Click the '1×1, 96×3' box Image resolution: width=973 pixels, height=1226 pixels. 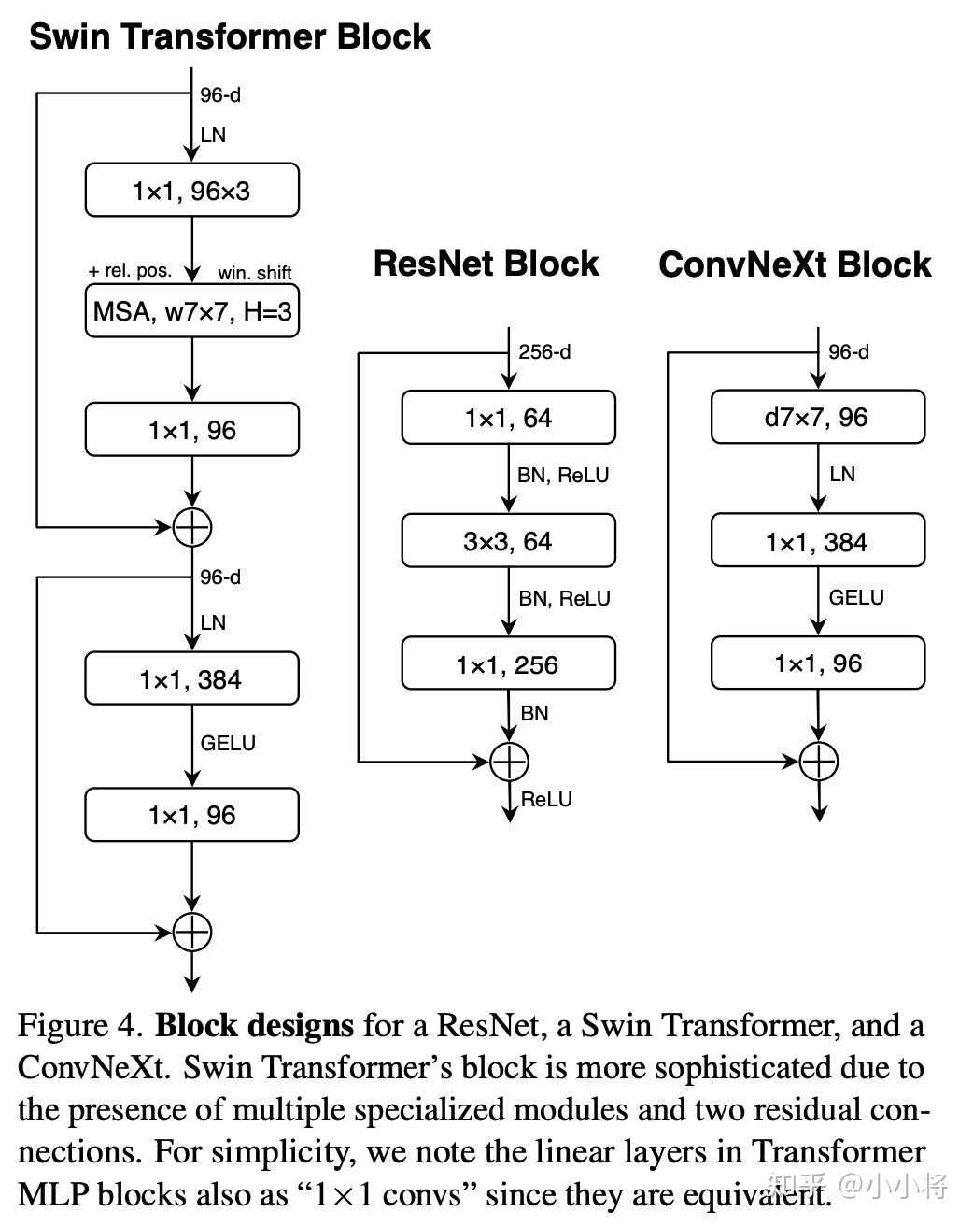tap(191, 191)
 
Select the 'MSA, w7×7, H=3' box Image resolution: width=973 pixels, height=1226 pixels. tap(191, 311)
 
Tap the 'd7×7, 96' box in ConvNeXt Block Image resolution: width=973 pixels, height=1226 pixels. tap(817, 418)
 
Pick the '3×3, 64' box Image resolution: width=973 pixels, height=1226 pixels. tap(508, 541)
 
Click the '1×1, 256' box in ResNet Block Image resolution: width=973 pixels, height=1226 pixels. tap(508, 664)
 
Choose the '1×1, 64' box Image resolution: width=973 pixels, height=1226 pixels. tap(508, 418)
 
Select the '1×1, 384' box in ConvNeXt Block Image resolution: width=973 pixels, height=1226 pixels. tap(817, 542)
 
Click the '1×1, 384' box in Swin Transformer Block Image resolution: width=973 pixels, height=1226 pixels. tap(191, 679)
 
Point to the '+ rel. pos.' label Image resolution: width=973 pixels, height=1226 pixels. tap(130, 271)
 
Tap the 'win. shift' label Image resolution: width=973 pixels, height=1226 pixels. tap(255, 273)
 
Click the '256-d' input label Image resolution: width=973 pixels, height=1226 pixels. tap(544, 352)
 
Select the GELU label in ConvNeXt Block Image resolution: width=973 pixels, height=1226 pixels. tap(855, 598)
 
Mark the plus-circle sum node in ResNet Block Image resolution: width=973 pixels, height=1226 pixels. tap(510, 762)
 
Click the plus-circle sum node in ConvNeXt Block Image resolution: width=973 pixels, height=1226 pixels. tap(819, 762)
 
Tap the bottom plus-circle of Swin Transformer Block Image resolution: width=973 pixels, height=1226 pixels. tap(192, 932)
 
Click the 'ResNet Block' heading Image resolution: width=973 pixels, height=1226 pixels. tap(486, 264)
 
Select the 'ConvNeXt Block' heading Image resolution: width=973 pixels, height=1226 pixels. tap(795, 264)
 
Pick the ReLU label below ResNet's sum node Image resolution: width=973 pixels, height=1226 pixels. tap(546, 800)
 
